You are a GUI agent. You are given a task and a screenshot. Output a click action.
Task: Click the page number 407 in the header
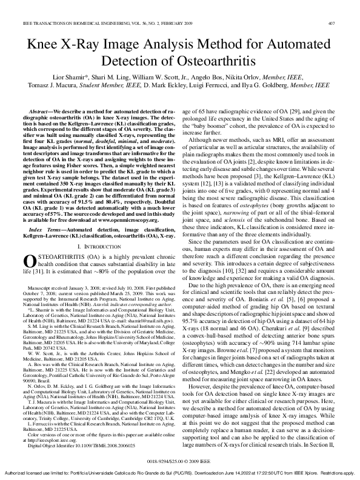tap(348, 7)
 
